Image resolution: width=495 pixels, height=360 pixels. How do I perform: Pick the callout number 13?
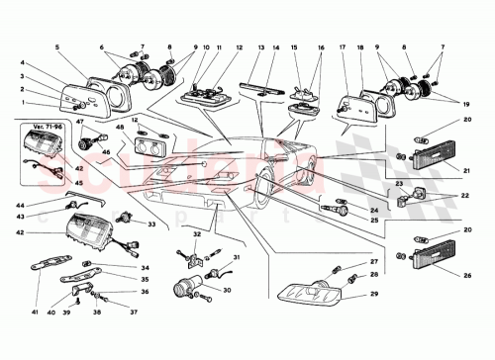(x=259, y=47)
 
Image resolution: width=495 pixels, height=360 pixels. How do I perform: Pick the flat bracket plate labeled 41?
(x=62, y=268)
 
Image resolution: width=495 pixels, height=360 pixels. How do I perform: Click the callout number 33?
(x=151, y=225)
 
